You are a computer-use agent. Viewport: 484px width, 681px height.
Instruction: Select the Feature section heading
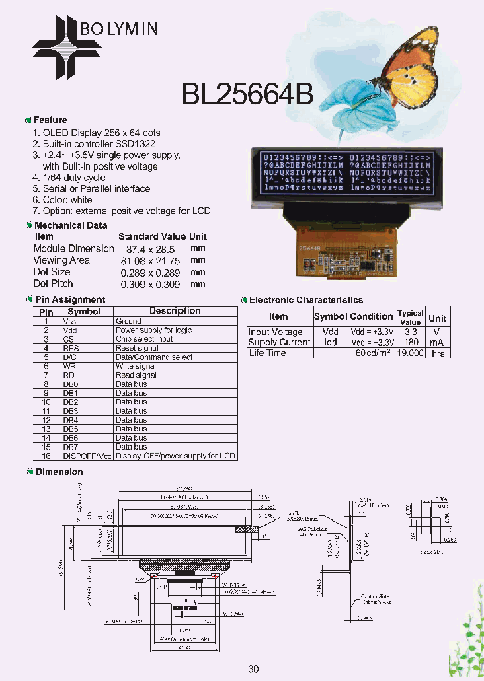(50, 120)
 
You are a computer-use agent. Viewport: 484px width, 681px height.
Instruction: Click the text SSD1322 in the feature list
(138, 144)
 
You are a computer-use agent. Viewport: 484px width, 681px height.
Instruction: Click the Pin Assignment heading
(69, 299)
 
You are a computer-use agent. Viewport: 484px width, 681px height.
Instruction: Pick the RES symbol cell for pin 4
(71, 348)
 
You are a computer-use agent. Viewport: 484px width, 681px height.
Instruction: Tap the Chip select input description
(144, 339)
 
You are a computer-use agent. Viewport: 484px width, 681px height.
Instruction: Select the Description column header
(175, 311)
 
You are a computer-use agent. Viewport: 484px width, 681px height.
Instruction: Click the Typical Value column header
(410, 317)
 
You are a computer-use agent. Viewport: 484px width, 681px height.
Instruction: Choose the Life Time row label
(267, 353)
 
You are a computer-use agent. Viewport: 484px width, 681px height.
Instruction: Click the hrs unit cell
(438, 353)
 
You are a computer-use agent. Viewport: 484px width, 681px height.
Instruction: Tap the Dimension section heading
(59, 472)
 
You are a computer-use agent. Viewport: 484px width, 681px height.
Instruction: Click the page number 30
(253, 668)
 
